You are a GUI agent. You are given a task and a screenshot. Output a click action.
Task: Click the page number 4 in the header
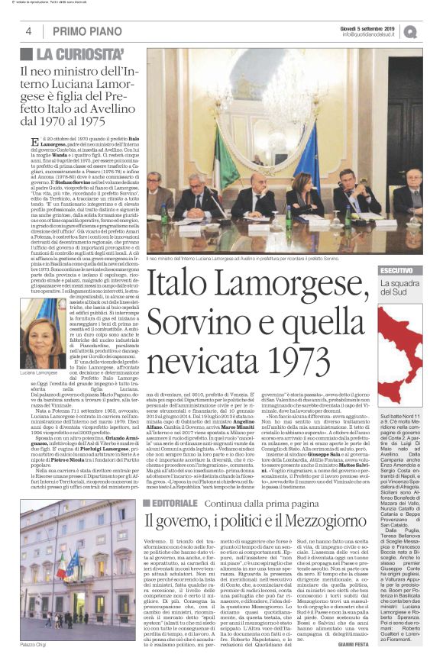click(28, 31)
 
